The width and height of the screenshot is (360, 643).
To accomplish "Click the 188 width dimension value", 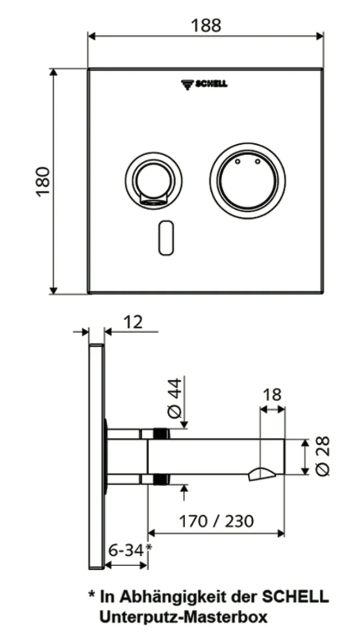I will point(206,26).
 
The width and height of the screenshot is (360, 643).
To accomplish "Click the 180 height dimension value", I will point(43,181).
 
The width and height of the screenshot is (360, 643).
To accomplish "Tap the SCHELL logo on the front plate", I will point(204,84).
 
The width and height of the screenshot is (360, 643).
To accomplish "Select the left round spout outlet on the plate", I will point(151,180).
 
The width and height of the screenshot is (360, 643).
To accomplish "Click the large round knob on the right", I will point(248,179).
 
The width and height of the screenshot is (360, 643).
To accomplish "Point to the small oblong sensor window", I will point(166,237).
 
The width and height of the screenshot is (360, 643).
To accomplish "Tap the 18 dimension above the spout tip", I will point(272,394).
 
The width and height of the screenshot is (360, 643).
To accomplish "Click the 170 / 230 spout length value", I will point(217,522).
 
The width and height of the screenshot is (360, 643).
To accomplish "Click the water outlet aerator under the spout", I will point(261,475).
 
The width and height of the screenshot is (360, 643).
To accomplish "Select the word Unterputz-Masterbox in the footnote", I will point(183,617).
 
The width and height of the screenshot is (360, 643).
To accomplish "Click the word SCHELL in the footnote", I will point(296,597).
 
